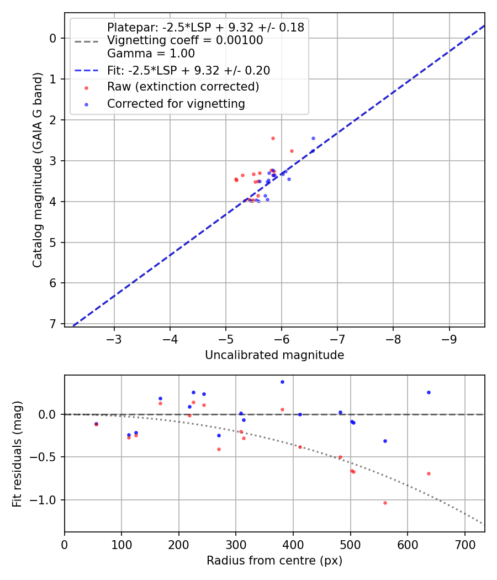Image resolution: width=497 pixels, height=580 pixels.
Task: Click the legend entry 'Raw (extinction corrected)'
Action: point(183,87)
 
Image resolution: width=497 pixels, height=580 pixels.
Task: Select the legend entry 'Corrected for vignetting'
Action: point(176,103)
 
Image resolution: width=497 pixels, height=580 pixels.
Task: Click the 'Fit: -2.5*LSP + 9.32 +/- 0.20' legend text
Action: point(188,70)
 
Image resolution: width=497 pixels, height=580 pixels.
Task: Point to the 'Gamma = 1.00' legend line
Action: point(151,54)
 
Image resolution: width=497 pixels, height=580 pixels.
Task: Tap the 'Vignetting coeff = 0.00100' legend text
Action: point(185,40)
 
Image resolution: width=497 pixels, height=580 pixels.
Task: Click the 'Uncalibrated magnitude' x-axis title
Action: point(274,355)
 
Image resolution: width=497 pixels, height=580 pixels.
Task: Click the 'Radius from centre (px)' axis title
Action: point(274,561)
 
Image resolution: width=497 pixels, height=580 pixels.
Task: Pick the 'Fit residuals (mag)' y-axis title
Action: point(17,454)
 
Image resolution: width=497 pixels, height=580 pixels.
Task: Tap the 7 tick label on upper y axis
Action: point(54,324)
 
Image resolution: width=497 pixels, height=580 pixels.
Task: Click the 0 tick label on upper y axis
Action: point(54,38)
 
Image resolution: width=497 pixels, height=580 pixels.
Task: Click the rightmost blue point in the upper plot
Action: point(313,138)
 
